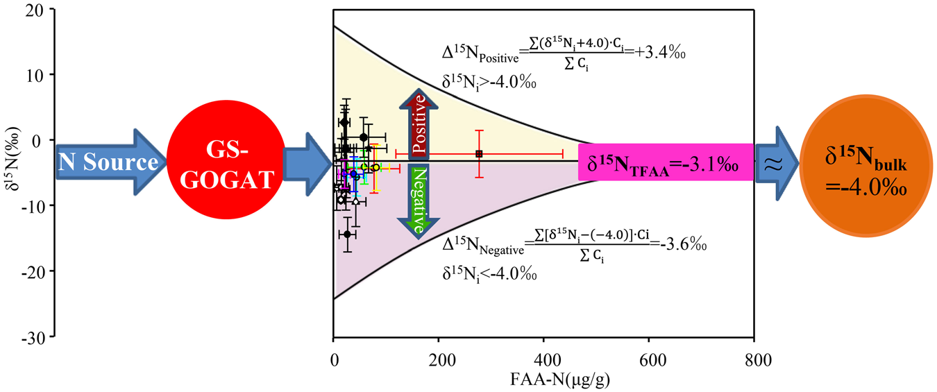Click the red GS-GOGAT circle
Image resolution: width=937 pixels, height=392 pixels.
(224, 164)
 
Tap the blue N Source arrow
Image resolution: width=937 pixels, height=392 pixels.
(108, 164)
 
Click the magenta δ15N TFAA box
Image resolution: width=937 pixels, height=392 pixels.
(666, 164)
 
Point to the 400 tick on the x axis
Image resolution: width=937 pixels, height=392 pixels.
(543, 361)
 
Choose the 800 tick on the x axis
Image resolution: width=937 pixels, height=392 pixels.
(754, 361)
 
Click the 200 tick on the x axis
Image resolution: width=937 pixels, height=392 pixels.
(439, 361)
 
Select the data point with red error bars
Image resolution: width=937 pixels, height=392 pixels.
(479, 153)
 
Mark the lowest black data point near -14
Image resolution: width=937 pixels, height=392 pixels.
(347, 234)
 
